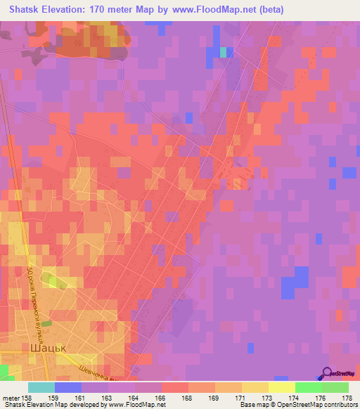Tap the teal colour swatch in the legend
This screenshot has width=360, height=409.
(x=41, y=387)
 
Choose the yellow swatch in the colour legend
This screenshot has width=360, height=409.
(x=281, y=387)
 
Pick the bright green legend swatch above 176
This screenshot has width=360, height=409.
(x=308, y=387)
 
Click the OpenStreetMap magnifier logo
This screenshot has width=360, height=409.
(x=328, y=374)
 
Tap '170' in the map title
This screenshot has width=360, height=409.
(x=98, y=9)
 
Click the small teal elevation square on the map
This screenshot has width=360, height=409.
(x=224, y=52)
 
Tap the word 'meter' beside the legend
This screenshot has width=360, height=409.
(x=11, y=398)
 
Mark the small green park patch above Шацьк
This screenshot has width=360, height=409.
(x=46, y=323)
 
